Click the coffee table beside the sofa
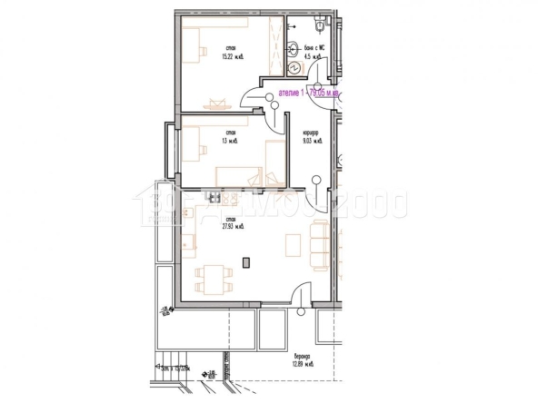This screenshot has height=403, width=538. (x=294, y=245)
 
